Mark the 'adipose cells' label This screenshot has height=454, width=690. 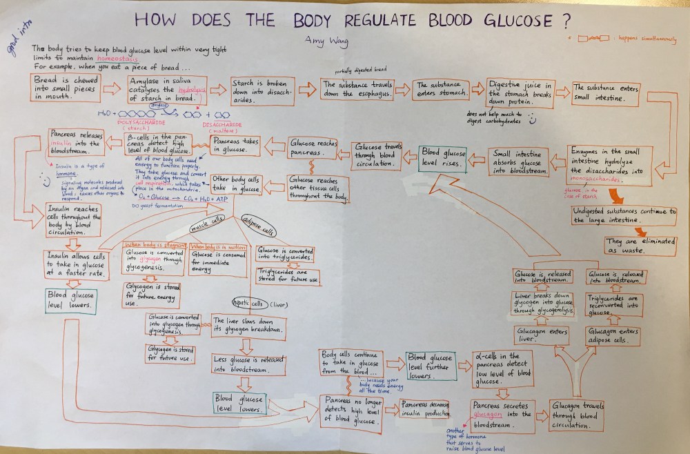pos(258,226)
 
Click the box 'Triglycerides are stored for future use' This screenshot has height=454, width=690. pos(288,276)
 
